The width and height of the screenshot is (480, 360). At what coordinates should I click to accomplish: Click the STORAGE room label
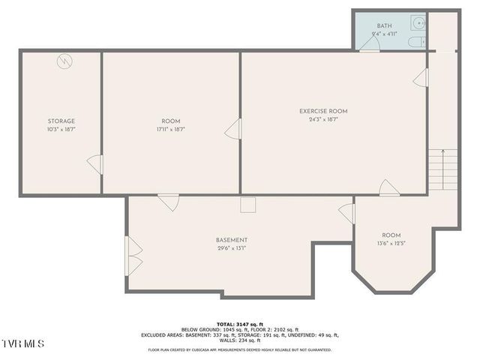[61, 121]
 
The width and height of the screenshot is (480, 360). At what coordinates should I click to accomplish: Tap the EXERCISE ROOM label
[323, 111]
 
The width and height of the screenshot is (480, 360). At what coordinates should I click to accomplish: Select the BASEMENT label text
[232, 240]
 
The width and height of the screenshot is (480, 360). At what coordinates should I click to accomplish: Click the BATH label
[383, 26]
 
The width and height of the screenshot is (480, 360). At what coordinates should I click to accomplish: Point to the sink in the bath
[420, 23]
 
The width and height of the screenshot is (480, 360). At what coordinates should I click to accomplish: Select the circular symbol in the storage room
[65, 61]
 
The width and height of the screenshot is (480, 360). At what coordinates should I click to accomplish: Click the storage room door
[95, 164]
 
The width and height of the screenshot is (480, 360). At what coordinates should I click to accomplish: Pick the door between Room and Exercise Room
[233, 129]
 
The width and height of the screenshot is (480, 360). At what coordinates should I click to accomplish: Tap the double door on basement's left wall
[134, 255]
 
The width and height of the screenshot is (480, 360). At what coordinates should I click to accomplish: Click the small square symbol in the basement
[248, 205]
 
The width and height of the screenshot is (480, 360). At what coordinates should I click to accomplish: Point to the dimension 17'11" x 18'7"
[171, 129]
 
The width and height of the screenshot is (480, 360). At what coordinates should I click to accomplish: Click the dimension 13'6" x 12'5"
[391, 243]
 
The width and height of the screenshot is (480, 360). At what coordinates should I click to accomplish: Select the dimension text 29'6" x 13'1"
[232, 248]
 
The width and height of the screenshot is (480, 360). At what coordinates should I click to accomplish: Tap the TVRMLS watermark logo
[23, 343]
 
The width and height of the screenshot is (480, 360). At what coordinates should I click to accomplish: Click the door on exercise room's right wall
[421, 77]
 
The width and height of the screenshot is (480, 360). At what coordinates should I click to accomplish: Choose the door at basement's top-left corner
[169, 202]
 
